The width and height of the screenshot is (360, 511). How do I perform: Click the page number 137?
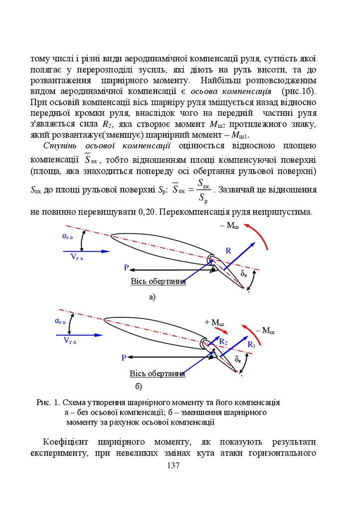tap(173, 466)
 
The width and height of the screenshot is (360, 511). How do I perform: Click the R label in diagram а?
tap(228, 251)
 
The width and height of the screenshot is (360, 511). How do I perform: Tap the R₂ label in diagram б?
tap(223, 342)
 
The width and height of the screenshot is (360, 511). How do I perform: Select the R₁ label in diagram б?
tap(251, 345)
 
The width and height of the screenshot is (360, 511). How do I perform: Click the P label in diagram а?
tap(127, 268)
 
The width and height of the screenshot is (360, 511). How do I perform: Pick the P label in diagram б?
tap(124, 358)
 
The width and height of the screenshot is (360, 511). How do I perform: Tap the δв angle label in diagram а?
tap(244, 274)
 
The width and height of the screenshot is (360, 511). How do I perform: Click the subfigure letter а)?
tap(152, 297)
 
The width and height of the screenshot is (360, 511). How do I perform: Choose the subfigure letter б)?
tap(139, 386)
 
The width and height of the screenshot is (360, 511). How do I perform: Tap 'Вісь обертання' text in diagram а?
tap(158, 282)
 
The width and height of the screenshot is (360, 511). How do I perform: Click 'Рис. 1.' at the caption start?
tap(48, 402)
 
